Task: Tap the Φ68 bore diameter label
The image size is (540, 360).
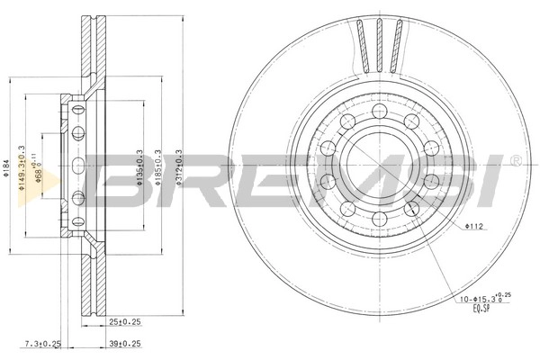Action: [x=37, y=170]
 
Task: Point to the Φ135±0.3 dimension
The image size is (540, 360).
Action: [x=139, y=166]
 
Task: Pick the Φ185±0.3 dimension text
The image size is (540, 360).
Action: [x=159, y=166]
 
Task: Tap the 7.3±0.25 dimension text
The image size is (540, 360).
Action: [x=42, y=343]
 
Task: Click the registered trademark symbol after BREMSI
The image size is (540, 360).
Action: [x=514, y=162]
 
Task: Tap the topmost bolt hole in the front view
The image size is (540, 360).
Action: [x=378, y=111]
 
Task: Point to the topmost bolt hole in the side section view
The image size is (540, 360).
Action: [x=78, y=110]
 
